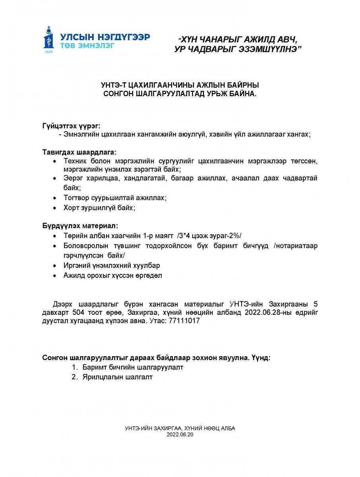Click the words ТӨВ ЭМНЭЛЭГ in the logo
click(x=87, y=45)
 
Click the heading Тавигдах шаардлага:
click(x=79, y=152)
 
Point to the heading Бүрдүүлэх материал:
click(x=79, y=226)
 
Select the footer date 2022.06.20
click(x=180, y=435)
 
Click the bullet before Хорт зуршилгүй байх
click(x=54, y=208)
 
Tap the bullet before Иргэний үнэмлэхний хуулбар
click(x=54, y=265)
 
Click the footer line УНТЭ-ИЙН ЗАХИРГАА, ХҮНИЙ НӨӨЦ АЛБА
click(x=180, y=429)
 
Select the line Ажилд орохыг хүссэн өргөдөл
click(x=112, y=275)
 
